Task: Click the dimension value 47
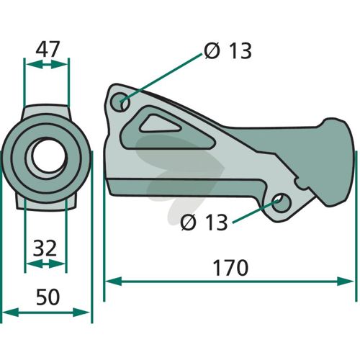click(48, 49)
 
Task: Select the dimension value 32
click(45, 248)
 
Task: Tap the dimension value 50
click(48, 297)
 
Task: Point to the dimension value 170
click(230, 268)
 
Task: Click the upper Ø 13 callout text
click(228, 50)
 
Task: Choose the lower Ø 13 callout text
click(204, 222)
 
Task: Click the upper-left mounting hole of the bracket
click(120, 102)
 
